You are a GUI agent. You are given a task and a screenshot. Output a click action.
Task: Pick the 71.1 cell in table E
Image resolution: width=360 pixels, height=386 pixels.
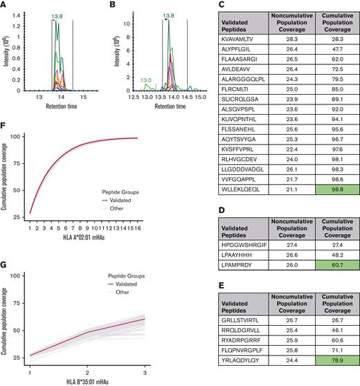click(x=330, y=331)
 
